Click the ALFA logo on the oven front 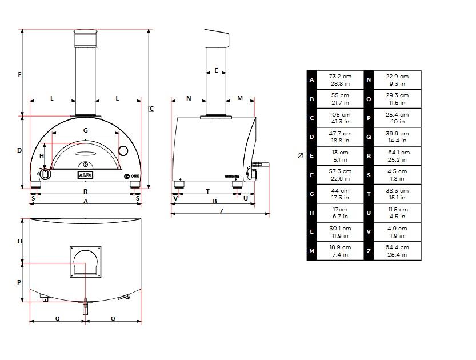pos(85,175)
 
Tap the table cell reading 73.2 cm pos(340,80)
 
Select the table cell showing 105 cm pos(340,118)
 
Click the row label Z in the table pos(369,251)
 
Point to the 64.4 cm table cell pos(397,251)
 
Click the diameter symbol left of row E pos(300,156)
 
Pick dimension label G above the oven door pos(86,130)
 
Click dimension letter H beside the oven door pos(42,156)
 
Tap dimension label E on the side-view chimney pos(216,70)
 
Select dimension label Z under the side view pos(222,211)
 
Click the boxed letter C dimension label pos(152,109)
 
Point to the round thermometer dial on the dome pos(123,150)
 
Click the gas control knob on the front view pos(45,174)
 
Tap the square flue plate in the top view pos(85,262)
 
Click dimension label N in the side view pos(189,98)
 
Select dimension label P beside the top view pos(19,282)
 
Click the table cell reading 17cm pos(340,213)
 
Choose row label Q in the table pos(369,137)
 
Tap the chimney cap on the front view pos(85,31)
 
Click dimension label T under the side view pos(207,191)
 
